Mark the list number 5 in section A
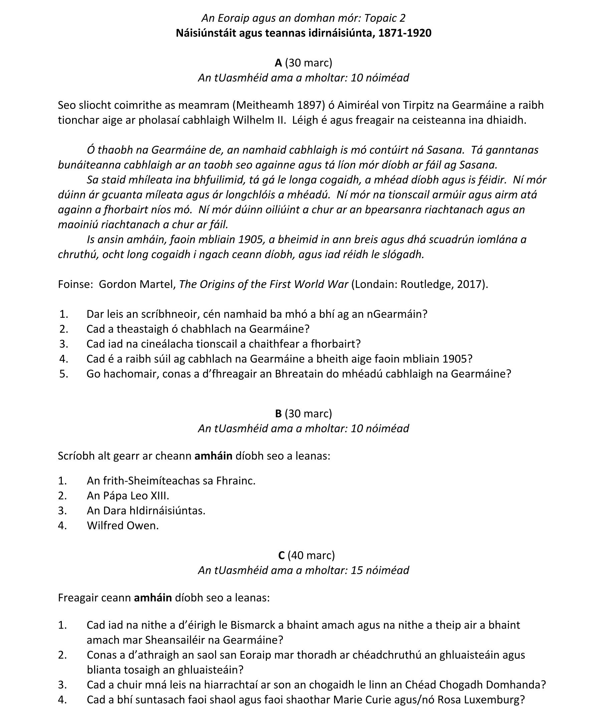click(63, 374)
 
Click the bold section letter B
click(278, 414)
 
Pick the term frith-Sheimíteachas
click(149, 481)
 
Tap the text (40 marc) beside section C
click(311, 555)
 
